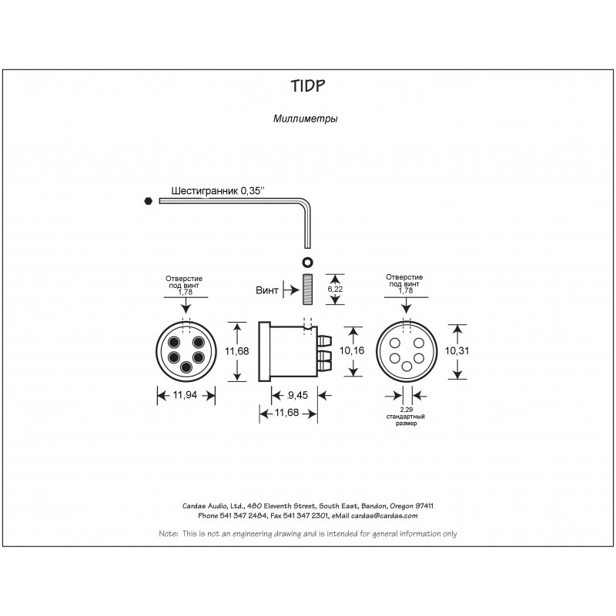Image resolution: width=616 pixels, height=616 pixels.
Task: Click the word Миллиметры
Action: click(x=305, y=119)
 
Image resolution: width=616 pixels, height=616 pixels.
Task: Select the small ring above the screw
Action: click(x=307, y=260)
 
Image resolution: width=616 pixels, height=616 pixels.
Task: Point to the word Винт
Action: click(x=268, y=290)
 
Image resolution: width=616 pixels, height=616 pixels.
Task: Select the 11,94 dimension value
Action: click(x=186, y=397)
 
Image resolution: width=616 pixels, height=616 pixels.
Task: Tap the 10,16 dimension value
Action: click(x=354, y=350)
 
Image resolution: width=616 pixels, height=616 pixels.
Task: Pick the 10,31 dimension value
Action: click(x=459, y=350)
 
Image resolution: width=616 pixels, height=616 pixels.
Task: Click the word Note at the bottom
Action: click(x=168, y=533)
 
